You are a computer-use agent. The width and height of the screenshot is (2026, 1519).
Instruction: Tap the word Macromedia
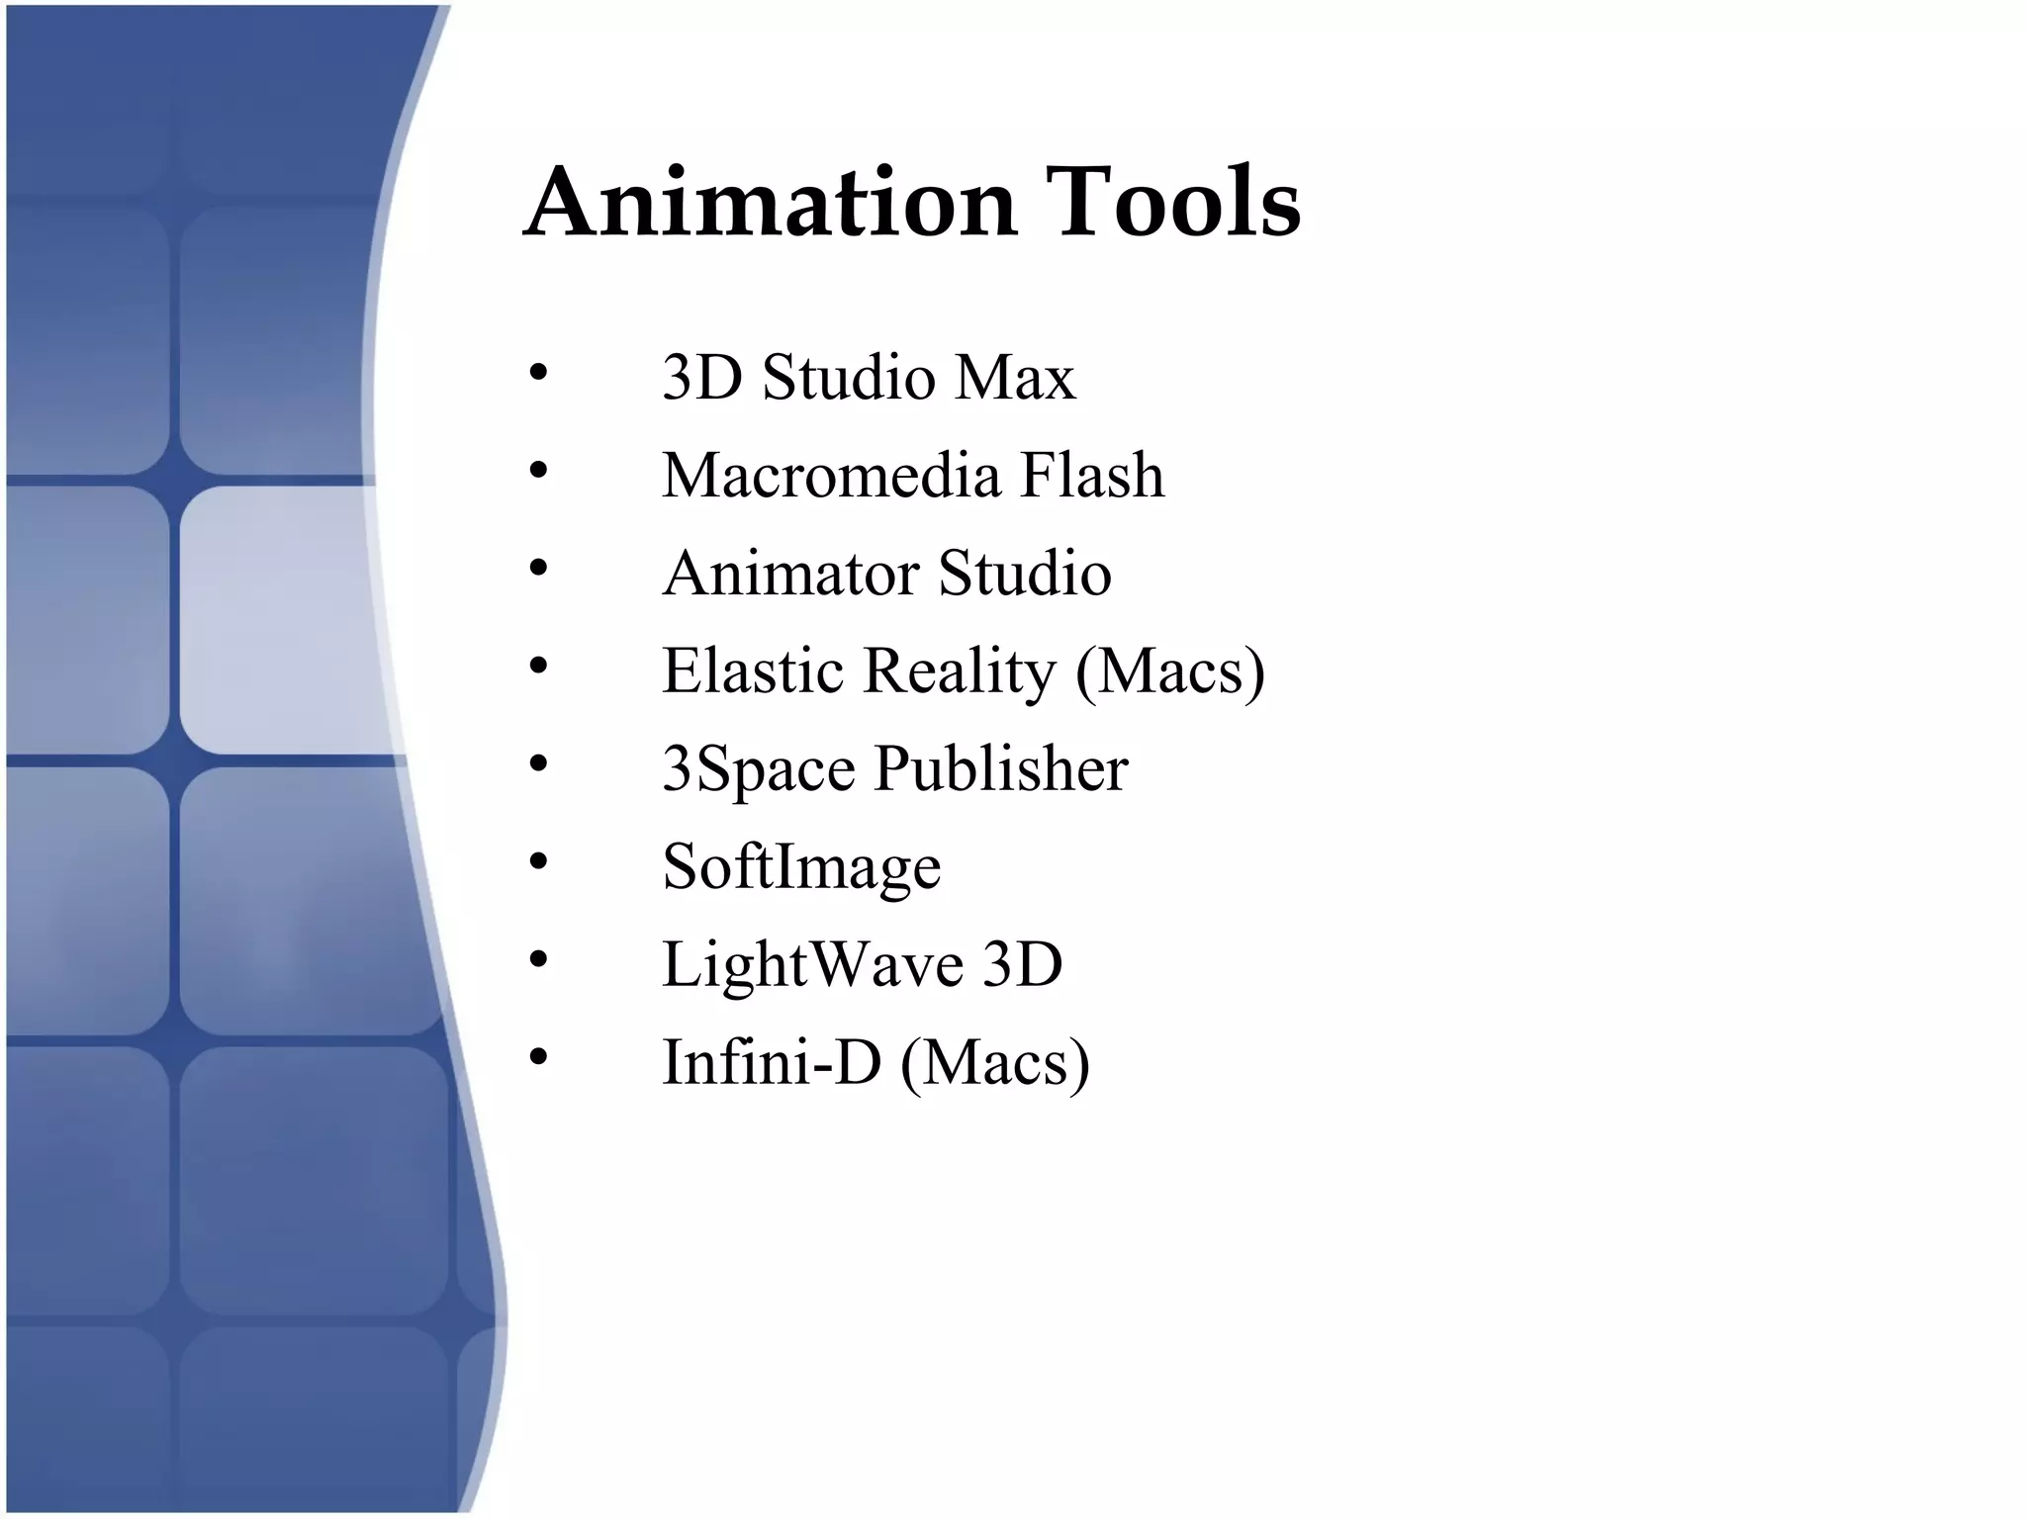pos(831,476)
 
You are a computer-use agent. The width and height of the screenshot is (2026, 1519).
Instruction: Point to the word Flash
pos(1092,476)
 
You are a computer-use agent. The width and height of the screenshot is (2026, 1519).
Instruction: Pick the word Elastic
pos(753,671)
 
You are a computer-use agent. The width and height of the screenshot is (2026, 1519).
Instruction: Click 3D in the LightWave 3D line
pos(1022,964)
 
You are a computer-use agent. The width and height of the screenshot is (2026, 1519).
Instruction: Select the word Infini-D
pos(771,1062)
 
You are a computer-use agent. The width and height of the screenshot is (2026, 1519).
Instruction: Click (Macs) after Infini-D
pos(995,1064)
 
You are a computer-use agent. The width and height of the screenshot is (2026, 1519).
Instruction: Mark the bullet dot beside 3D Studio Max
pos(538,373)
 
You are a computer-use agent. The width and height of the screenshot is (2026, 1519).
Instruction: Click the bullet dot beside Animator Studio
pos(538,569)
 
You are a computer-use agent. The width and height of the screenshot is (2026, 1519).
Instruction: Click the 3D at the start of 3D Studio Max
pos(701,378)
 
